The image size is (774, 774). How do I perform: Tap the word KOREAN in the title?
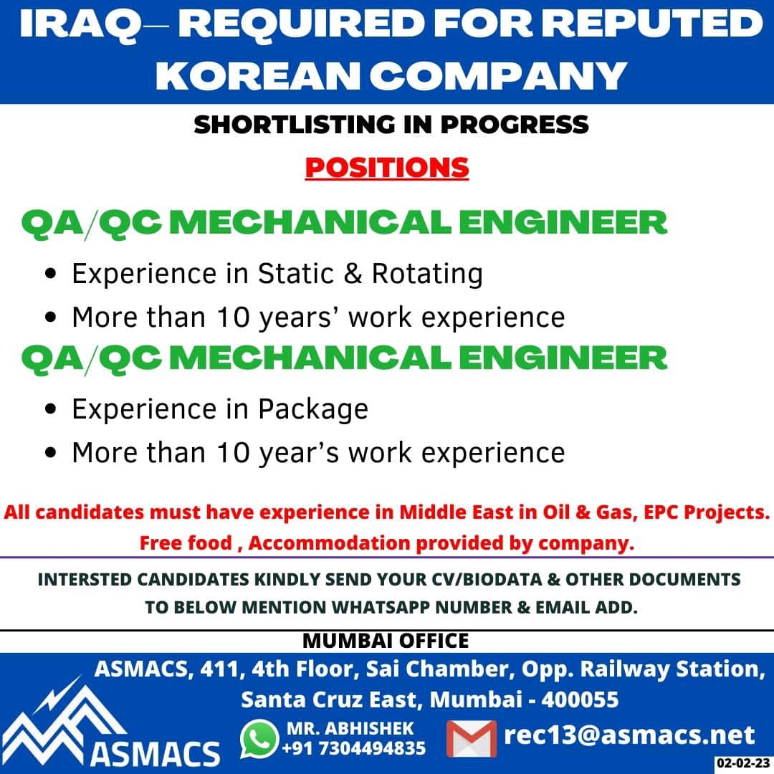[x=258, y=75]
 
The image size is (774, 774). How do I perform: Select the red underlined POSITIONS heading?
[x=387, y=168]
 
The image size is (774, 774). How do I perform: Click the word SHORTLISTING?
[x=295, y=125]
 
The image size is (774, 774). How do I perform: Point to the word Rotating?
[x=427, y=274]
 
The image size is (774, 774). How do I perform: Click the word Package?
[x=313, y=410]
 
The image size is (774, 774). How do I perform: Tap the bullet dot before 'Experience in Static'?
[x=50, y=274]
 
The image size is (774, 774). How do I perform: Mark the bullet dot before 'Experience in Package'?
[x=50, y=409]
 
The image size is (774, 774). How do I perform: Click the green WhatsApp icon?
[x=259, y=739]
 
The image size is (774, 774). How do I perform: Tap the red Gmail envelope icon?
[x=472, y=739]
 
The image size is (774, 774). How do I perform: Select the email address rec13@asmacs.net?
[x=629, y=735]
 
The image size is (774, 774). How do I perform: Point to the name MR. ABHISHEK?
[x=350, y=729]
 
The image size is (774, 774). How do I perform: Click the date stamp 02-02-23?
[x=743, y=763]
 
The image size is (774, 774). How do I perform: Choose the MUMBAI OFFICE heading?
[x=386, y=641]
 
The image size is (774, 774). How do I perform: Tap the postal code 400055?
[x=580, y=700]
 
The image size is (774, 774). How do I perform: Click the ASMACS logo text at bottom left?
[x=155, y=754]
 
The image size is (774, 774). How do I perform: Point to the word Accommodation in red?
[x=329, y=543]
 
